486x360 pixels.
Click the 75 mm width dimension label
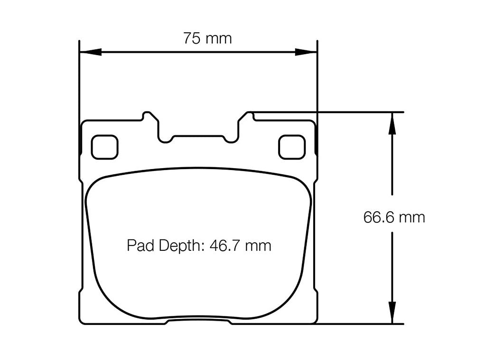pos(207,38)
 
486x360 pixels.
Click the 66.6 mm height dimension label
pos(394,218)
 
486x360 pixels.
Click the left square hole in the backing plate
pos(104,147)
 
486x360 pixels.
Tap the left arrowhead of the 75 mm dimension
pos(90,51)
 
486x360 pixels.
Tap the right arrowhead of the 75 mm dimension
pos(306,51)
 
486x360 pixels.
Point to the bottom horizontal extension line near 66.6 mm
pos(361,324)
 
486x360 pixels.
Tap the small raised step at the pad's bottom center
pos(198,322)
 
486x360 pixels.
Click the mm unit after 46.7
pos(259,246)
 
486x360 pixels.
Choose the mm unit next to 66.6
pos(412,218)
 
